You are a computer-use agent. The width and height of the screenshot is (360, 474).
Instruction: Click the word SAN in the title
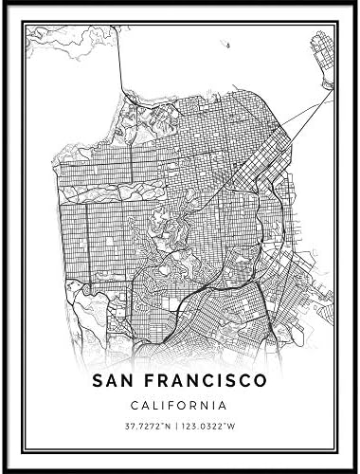pos(117,381)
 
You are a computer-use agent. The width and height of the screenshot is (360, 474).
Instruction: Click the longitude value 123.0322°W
pos(211,429)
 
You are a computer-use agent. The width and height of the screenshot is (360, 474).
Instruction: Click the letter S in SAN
pos(99,381)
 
